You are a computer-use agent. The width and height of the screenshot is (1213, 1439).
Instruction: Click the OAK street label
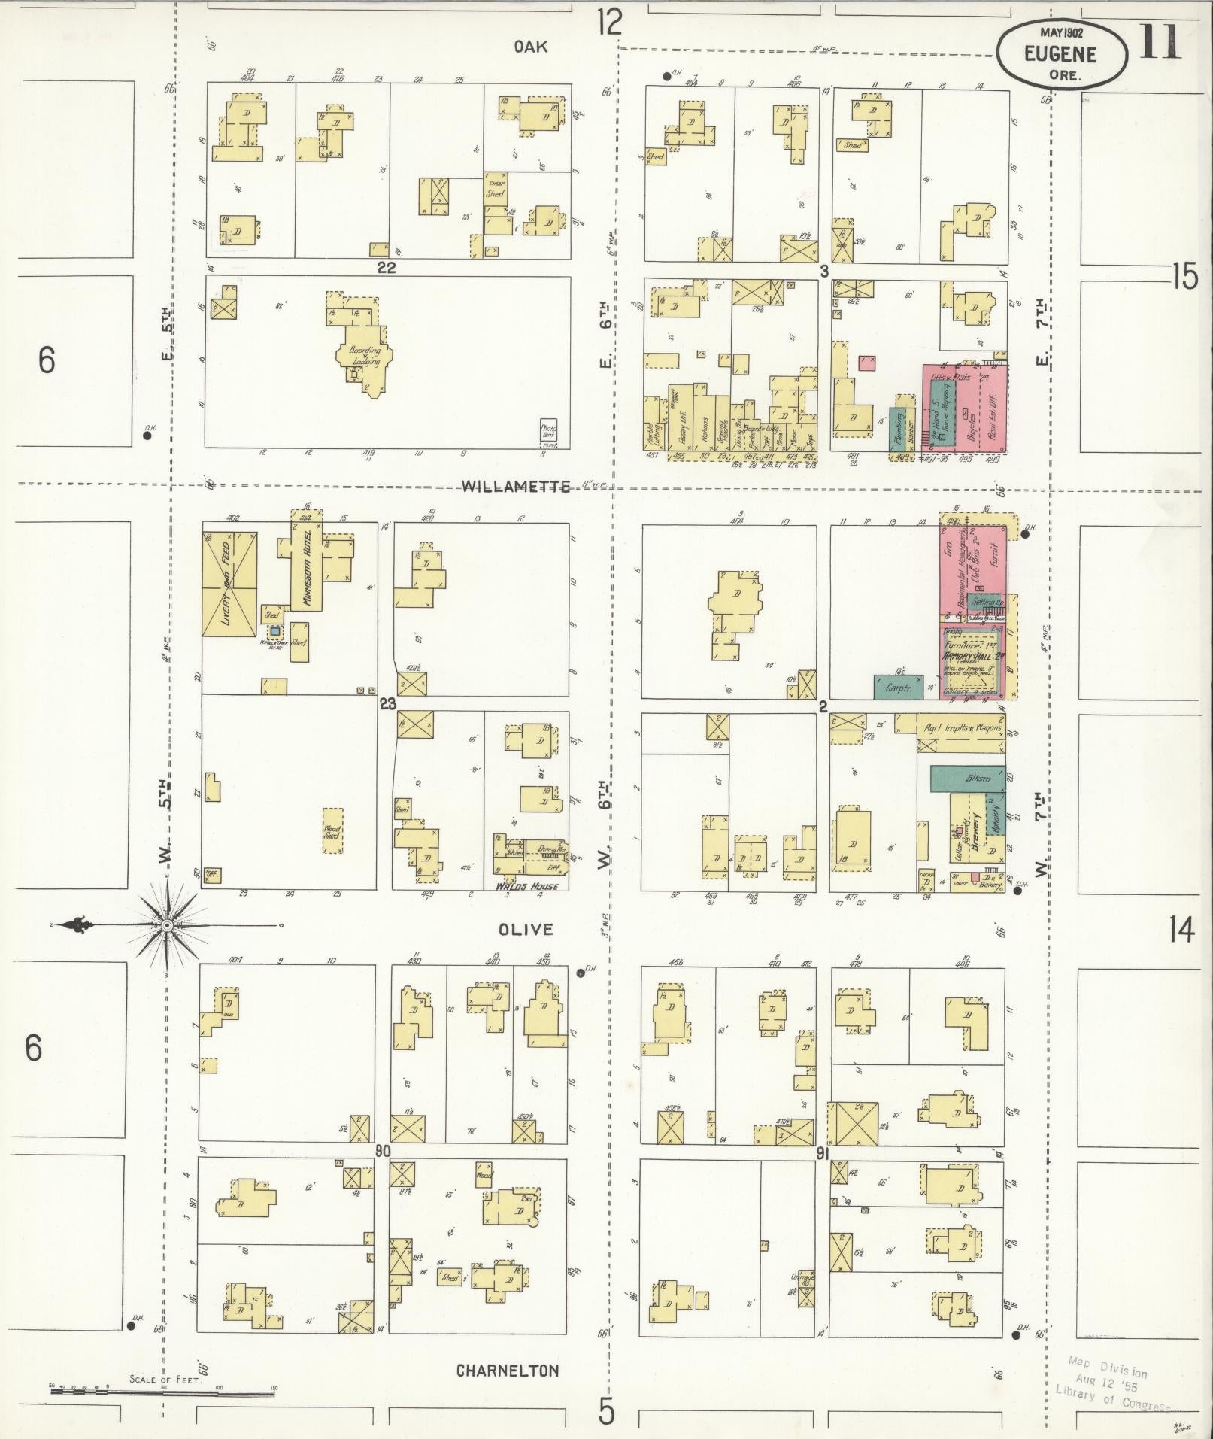pyautogui.click(x=531, y=47)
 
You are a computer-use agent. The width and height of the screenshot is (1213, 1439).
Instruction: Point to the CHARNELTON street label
pyautogui.click(x=508, y=1371)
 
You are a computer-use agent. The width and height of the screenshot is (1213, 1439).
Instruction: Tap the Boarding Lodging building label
pyautogui.click(x=365, y=355)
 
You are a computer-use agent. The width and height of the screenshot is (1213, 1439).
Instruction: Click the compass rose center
pyautogui.click(x=167, y=924)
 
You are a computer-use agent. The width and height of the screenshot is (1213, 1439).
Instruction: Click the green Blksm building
pyautogui.click(x=968, y=778)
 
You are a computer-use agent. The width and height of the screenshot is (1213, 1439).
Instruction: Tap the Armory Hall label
pyautogui.click(x=972, y=656)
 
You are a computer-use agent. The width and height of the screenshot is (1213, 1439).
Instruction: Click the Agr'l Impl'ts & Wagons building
pyautogui.click(x=960, y=727)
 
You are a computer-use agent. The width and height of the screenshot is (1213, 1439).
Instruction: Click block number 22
pyautogui.click(x=387, y=267)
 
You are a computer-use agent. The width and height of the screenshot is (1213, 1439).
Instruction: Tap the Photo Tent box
pyautogui.click(x=548, y=433)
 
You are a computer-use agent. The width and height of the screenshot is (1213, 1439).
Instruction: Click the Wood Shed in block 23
pyautogui.click(x=332, y=830)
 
